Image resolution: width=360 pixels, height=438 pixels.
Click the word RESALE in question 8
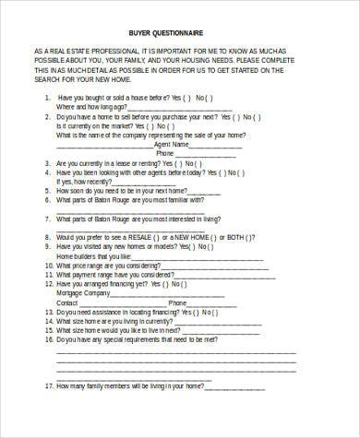151,236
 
